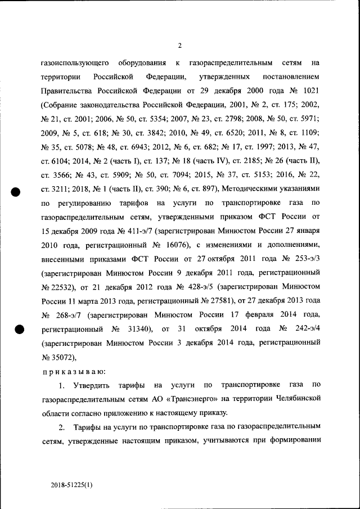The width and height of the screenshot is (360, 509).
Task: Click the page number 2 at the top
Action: click(179, 46)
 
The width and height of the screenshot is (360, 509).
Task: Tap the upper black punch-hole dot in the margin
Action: click(17, 191)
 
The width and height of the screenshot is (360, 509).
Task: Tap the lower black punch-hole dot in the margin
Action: click(17, 330)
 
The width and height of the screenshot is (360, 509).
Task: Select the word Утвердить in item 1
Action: click(92, 385)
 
